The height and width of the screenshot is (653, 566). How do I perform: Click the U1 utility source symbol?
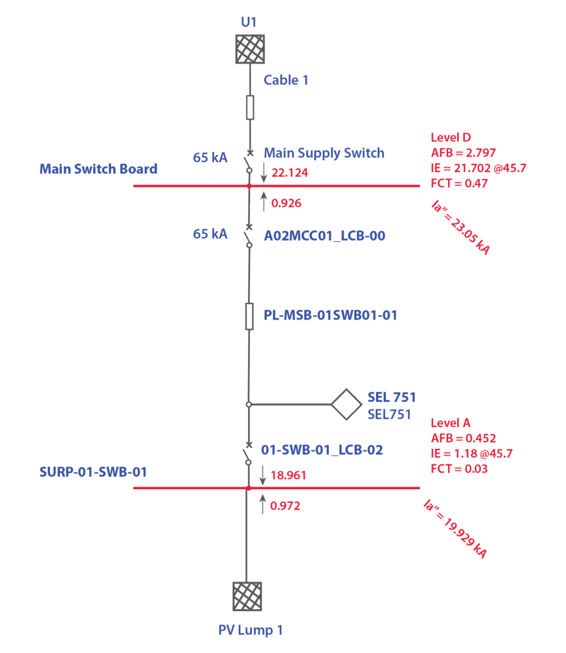point(249,49)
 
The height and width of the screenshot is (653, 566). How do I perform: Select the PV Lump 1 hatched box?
point(247,596)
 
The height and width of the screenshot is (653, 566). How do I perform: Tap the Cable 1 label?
point(286,81)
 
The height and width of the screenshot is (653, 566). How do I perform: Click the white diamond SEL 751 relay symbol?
point(346,404)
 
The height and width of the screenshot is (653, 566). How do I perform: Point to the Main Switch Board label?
point(98,169)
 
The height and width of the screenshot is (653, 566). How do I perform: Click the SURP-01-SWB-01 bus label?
point(93,472)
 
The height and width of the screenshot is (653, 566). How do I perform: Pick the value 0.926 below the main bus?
point(286,203)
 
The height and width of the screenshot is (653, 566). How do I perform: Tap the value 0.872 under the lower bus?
point(285,506)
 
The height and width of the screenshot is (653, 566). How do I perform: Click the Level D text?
point(451,138)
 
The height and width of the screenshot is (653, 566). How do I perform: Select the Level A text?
point(451,423)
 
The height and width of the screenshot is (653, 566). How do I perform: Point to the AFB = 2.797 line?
point(463,153)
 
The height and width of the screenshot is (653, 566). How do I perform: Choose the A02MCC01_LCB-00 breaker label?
point(324,237)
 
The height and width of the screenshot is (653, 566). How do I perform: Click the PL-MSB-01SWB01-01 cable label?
point(330,315)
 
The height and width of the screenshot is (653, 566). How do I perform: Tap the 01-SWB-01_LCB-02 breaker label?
point(322,450)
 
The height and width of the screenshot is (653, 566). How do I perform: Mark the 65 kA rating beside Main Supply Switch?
point(210,157)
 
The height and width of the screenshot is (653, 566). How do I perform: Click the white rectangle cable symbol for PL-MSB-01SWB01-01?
point(250,316)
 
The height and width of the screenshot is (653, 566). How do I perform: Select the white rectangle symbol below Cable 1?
point(250,107)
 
